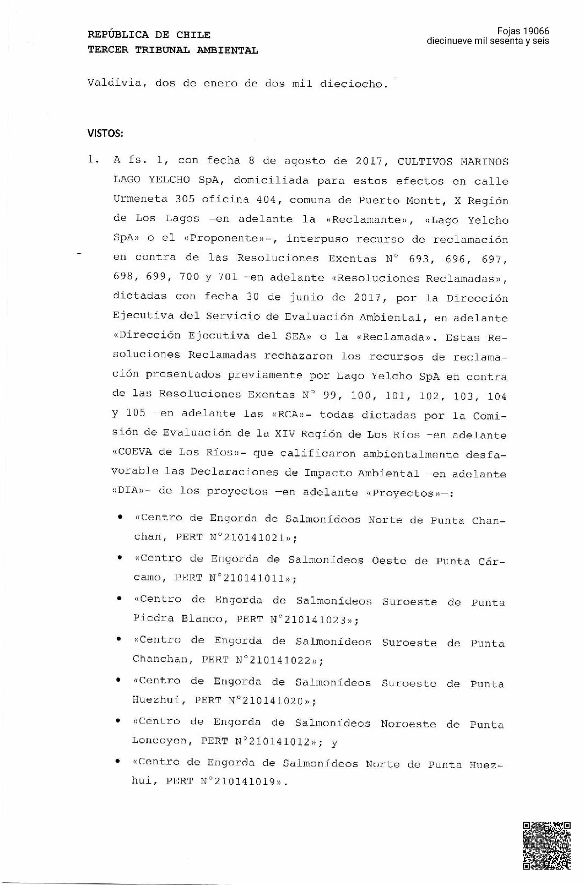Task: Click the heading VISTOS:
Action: pyautogui.click(x=105, y=133)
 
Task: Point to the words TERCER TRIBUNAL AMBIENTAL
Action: pyautogui.click(x=173, y=50)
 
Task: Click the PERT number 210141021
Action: pyautogui.click(x=253, y=537)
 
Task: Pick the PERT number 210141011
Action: pyautogui.click(x=252, y=578)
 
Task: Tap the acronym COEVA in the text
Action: pyautogui.click(x=135, y=452)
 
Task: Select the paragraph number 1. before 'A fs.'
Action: pyautogui.click(x=94, y=160)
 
